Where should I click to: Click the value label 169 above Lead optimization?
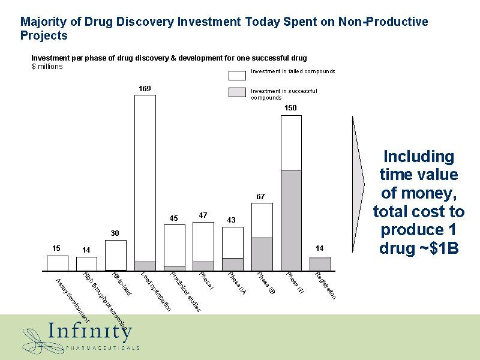coord(145,89)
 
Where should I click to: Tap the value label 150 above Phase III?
coord(291,107)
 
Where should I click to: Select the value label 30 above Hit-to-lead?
coord(115,233)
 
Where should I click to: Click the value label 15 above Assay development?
coord(56,248)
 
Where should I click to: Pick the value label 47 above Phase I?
coord(203,215)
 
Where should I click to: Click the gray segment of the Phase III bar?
coord(291,220)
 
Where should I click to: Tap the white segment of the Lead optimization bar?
coord(145,178)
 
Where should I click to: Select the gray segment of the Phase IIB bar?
coord(262,254)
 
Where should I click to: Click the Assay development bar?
coord(57,263)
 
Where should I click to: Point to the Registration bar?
coord(320,264)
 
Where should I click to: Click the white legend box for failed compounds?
coord(238,74)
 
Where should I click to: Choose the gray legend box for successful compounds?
coord(238,92)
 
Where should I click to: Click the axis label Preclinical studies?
coord(185,292)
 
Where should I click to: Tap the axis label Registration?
coord(325,286)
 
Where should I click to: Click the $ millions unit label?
coord(47,67)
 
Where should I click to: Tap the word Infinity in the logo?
coord(90,332)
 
